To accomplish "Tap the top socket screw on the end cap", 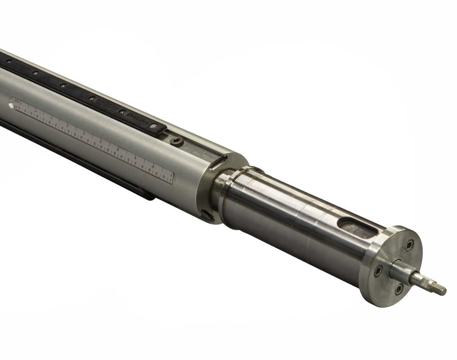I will [x=409, y=245].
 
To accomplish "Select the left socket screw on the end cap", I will [x=378, y=270].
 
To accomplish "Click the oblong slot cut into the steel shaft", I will [x=357, y=226].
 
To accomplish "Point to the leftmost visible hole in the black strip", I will [x=8, y=61].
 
